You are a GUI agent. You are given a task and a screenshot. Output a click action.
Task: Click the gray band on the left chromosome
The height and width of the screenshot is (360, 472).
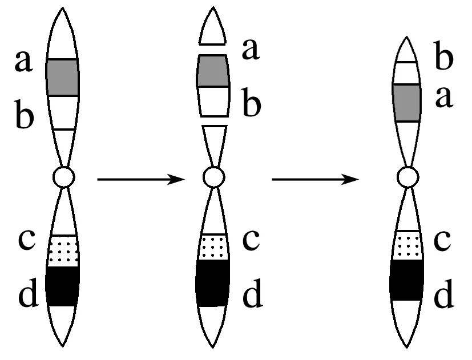coord(63,78)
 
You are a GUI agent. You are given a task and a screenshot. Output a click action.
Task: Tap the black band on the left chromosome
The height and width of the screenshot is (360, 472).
coord(63,286)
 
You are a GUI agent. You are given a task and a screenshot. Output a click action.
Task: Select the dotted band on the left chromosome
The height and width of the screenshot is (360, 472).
coord(63,250)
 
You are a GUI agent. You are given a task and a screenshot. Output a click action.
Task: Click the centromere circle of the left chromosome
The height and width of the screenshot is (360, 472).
coord(63,177)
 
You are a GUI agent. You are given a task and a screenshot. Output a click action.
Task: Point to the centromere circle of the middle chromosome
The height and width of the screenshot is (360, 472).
coord(213,177)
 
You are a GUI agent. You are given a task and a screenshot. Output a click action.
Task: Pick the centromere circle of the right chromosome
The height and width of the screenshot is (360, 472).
coord(408,177)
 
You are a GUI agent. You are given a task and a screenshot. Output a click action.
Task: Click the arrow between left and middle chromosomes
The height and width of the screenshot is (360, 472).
coord(141,179)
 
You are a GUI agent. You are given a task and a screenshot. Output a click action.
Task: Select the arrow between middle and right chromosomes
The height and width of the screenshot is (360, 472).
coord(316,179)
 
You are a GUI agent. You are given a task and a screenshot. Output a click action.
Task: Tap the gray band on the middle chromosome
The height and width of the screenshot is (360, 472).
coord(213,71)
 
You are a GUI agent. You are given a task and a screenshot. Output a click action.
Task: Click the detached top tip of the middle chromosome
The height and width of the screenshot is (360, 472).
coord(212,26)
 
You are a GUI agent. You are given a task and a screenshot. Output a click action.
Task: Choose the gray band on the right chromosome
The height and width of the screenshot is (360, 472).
coord(407,103)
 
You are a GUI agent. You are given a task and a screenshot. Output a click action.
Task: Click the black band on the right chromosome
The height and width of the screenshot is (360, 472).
coord(407,280)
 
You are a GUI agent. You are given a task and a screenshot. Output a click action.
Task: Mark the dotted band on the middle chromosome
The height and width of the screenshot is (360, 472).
coord(213,247)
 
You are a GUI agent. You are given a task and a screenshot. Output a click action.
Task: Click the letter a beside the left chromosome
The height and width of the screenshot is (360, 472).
coord(23,62)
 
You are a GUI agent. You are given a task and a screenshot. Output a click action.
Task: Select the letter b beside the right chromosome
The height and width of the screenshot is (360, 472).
coord(444,56)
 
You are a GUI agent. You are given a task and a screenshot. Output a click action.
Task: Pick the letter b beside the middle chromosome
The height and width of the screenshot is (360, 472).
coord(252,102)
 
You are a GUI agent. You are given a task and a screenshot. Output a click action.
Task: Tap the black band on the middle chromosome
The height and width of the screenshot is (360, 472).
coord(213,283)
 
